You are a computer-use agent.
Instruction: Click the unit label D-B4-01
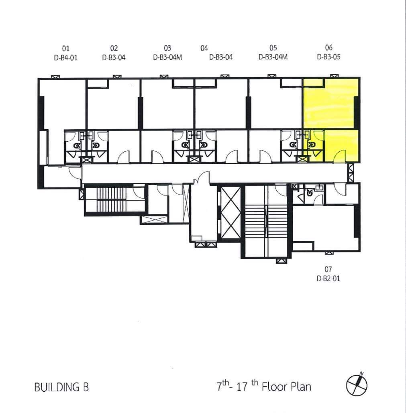coord(65,57)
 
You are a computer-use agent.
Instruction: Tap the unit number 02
coord(114,48)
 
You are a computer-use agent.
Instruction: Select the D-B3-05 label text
coord(328,57)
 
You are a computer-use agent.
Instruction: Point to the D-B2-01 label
coord(328,279)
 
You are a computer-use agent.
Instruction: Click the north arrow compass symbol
coord(357,385)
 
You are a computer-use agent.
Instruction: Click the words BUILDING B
coord(62,387)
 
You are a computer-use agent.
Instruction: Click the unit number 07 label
coord(328,269)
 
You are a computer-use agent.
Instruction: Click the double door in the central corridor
coord(202,178)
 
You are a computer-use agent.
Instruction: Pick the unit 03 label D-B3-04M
coord(167,57)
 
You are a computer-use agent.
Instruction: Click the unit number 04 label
coord(204,48)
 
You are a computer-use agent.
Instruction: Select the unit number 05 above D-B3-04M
coord(273,48)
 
